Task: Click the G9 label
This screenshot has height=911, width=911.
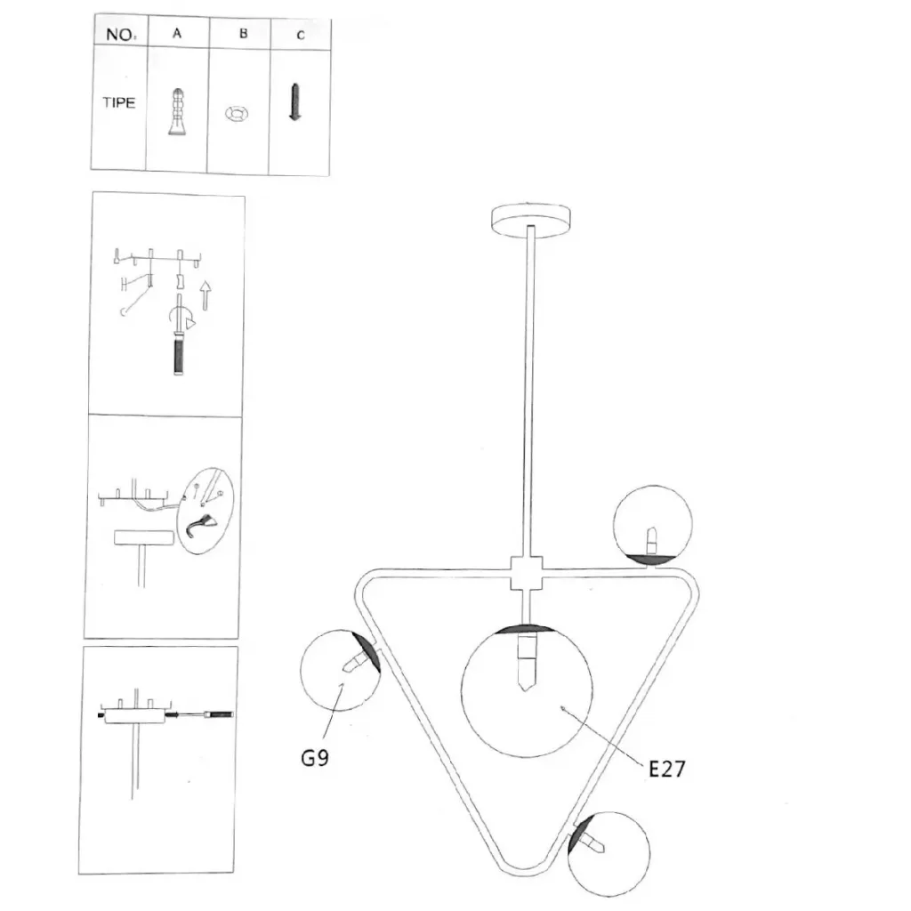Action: pyautogui.click(x=315, y=758)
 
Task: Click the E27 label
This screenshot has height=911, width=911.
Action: pyautogui.click(x=666, y=769)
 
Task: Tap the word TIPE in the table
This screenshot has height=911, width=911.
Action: pyautogui.click(x=119, y=102)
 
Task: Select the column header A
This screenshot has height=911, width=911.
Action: pyautogui.click(x=177, y=33)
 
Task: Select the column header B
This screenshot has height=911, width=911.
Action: pyautogui.click(x=244, y=34)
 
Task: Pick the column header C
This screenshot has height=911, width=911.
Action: pyautogui.click(x=301, y=36)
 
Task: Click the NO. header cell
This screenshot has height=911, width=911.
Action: pyautogui.click(x=121, y=35)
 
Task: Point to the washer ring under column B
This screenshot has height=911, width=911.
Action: pyautogui.click(x=237, y=113)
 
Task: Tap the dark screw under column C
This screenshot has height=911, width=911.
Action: pyautogui.click(x=295, y=101)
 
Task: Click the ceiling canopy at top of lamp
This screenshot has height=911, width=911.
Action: pyautogui.click(x=530, y=220)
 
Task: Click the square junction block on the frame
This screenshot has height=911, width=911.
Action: pyautogui.click(x=527, y=573)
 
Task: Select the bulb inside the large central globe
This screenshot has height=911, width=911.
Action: pyautogui.click(x=527, y=662)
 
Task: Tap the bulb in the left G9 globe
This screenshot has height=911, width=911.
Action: pyautogui.click(x=356, y=662)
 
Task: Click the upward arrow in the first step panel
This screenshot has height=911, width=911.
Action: pyautogui.click(x=205, y=295)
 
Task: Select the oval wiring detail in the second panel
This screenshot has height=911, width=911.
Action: pyautogui.click(x=206, y=510)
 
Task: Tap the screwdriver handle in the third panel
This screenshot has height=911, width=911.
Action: pyautogui.click(x=221, y=714)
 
